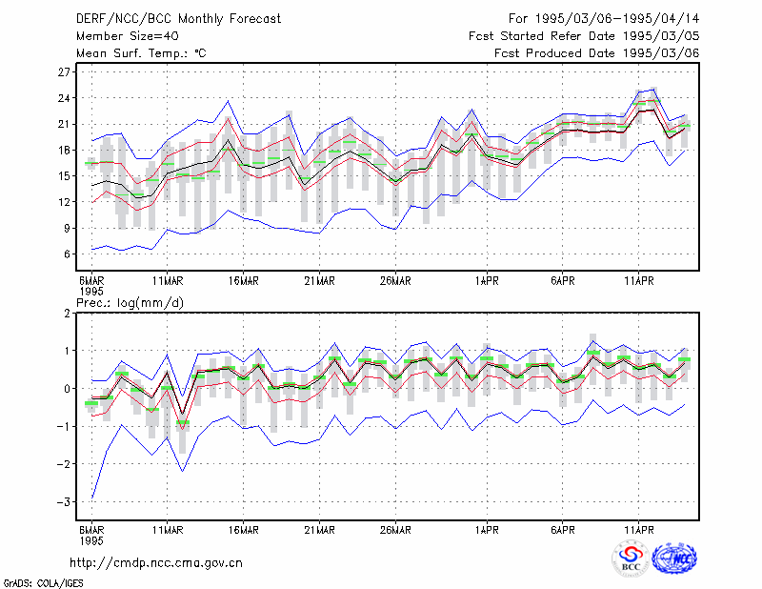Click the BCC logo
pos(631,559)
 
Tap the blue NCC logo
pos(674,559)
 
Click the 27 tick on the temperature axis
pos(64,72)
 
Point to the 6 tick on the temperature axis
pos(67,254)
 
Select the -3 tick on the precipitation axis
pos(63,501)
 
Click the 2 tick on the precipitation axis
pos(67,314)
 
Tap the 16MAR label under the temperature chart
pos(244,281)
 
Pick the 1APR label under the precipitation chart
pos(487,530)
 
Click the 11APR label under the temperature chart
pos(638,281)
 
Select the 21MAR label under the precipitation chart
pos(319,530)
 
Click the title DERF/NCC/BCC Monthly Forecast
pos(178,19)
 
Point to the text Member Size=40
pos(128,36)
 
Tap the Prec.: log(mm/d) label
pos(130,303)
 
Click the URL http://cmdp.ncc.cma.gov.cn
pos(156,562)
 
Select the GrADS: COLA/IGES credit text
pos(43,583)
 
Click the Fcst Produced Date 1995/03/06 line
pos(597,53)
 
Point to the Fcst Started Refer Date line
pos(584,36)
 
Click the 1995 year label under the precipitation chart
pos(91,540)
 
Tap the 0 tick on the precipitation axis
pos(67,389)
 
